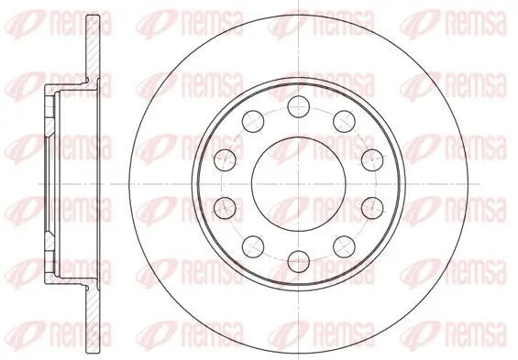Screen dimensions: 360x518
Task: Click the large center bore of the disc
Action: point(297,182)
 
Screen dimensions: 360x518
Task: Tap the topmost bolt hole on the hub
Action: point(297,106)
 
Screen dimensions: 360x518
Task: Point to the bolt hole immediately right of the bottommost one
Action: point(342,245)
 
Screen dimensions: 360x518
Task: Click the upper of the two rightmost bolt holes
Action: point(370,159)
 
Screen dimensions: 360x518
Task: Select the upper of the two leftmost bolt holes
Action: point(224,159)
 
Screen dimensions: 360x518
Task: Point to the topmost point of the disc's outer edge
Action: point(297,12)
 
